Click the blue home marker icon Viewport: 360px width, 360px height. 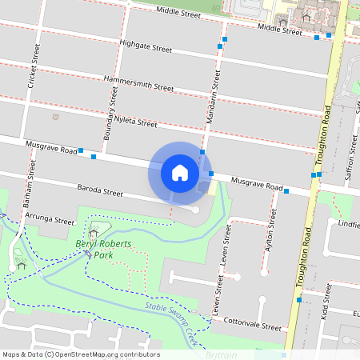coord(180,172)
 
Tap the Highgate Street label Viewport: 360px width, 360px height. coord(146,47)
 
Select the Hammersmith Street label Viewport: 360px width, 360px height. coord(139,83)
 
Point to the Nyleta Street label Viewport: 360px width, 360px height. coord(136,122)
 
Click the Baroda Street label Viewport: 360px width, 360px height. coord(100,193)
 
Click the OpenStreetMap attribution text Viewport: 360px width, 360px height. coord(80,354)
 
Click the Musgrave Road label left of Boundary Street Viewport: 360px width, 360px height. coord(51,148)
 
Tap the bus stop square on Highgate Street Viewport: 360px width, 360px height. coord(220,47)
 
